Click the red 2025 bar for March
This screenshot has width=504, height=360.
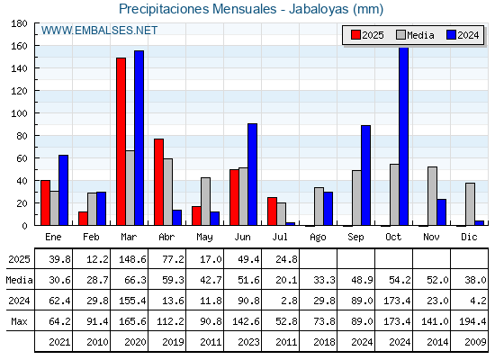(121, 141)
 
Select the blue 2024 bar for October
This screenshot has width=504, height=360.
(404, 136)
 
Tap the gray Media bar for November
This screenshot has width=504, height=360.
(432, 196)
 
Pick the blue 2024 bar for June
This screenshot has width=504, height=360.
(252, 175)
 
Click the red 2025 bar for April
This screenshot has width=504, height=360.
(158, 182)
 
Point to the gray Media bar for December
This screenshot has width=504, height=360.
(470, 204)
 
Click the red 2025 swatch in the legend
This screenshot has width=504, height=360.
(355, 35)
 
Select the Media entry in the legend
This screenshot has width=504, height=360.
(415, 35)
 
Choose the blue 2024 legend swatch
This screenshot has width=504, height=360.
(451, 35)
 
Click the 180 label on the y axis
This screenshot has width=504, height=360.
(19, 23)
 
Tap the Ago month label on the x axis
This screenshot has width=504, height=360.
(318, 238)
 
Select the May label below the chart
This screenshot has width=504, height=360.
(204, 238)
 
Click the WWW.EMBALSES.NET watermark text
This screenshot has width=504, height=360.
(99, 31)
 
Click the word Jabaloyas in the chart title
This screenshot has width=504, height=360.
(319, 9)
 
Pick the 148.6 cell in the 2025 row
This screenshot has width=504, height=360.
(132, 259)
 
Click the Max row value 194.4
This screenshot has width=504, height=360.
(472, 321)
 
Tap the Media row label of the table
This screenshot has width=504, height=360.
(19, 280)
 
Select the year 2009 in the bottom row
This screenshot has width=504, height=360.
(475, 342)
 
